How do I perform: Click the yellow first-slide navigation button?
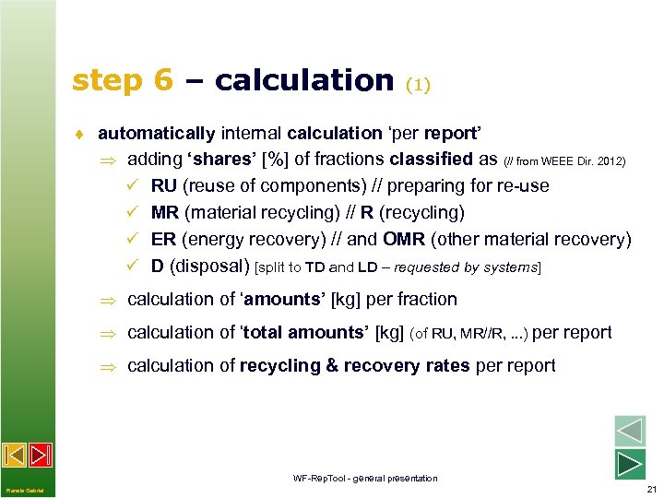pos(14,455)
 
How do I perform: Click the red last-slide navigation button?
pos(40,455)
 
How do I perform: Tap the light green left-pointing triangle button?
pos(630,432)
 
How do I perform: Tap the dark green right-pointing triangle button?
pos(630,464)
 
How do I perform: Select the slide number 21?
pos(652,489)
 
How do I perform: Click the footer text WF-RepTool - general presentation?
pos(365,478)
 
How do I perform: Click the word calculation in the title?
pos(303,81)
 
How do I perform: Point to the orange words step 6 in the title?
pos(122,81)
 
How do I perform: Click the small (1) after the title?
pos(418,85)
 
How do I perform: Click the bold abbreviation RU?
pos(164,186)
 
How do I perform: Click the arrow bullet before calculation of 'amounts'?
pos(110,300)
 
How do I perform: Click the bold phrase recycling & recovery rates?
pos(355,366)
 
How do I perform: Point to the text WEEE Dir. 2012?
pos(581,161)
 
